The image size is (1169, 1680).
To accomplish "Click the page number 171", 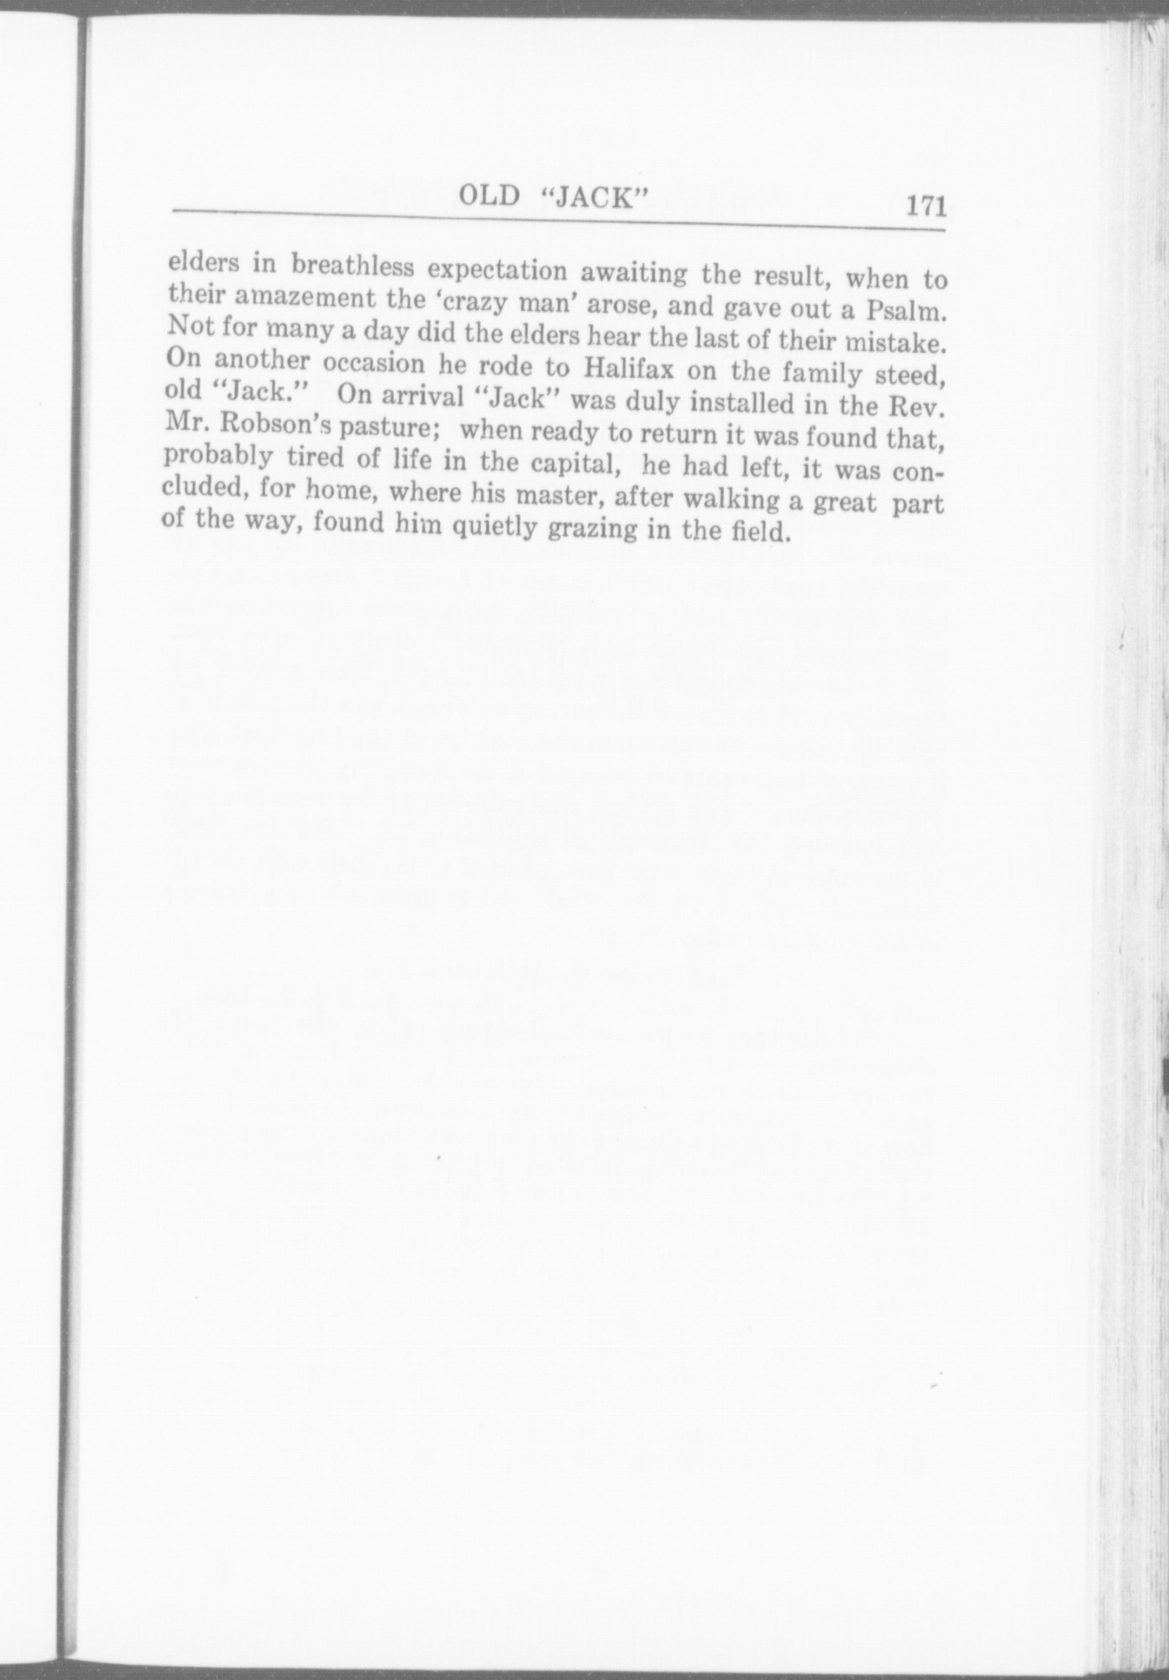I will pos(925,205).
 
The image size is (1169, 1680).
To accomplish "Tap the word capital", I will pos(575,463).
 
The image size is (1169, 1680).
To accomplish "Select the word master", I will pos(558,496).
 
